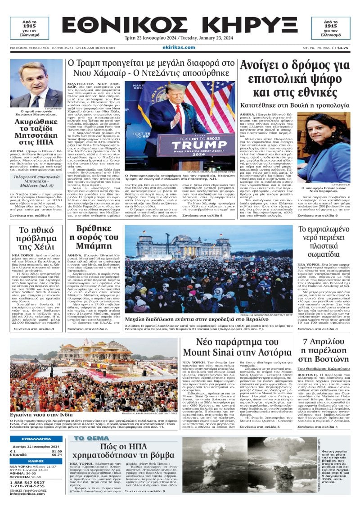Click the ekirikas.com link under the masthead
[x=179, y=47]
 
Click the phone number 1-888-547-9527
[x=27, y=482]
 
